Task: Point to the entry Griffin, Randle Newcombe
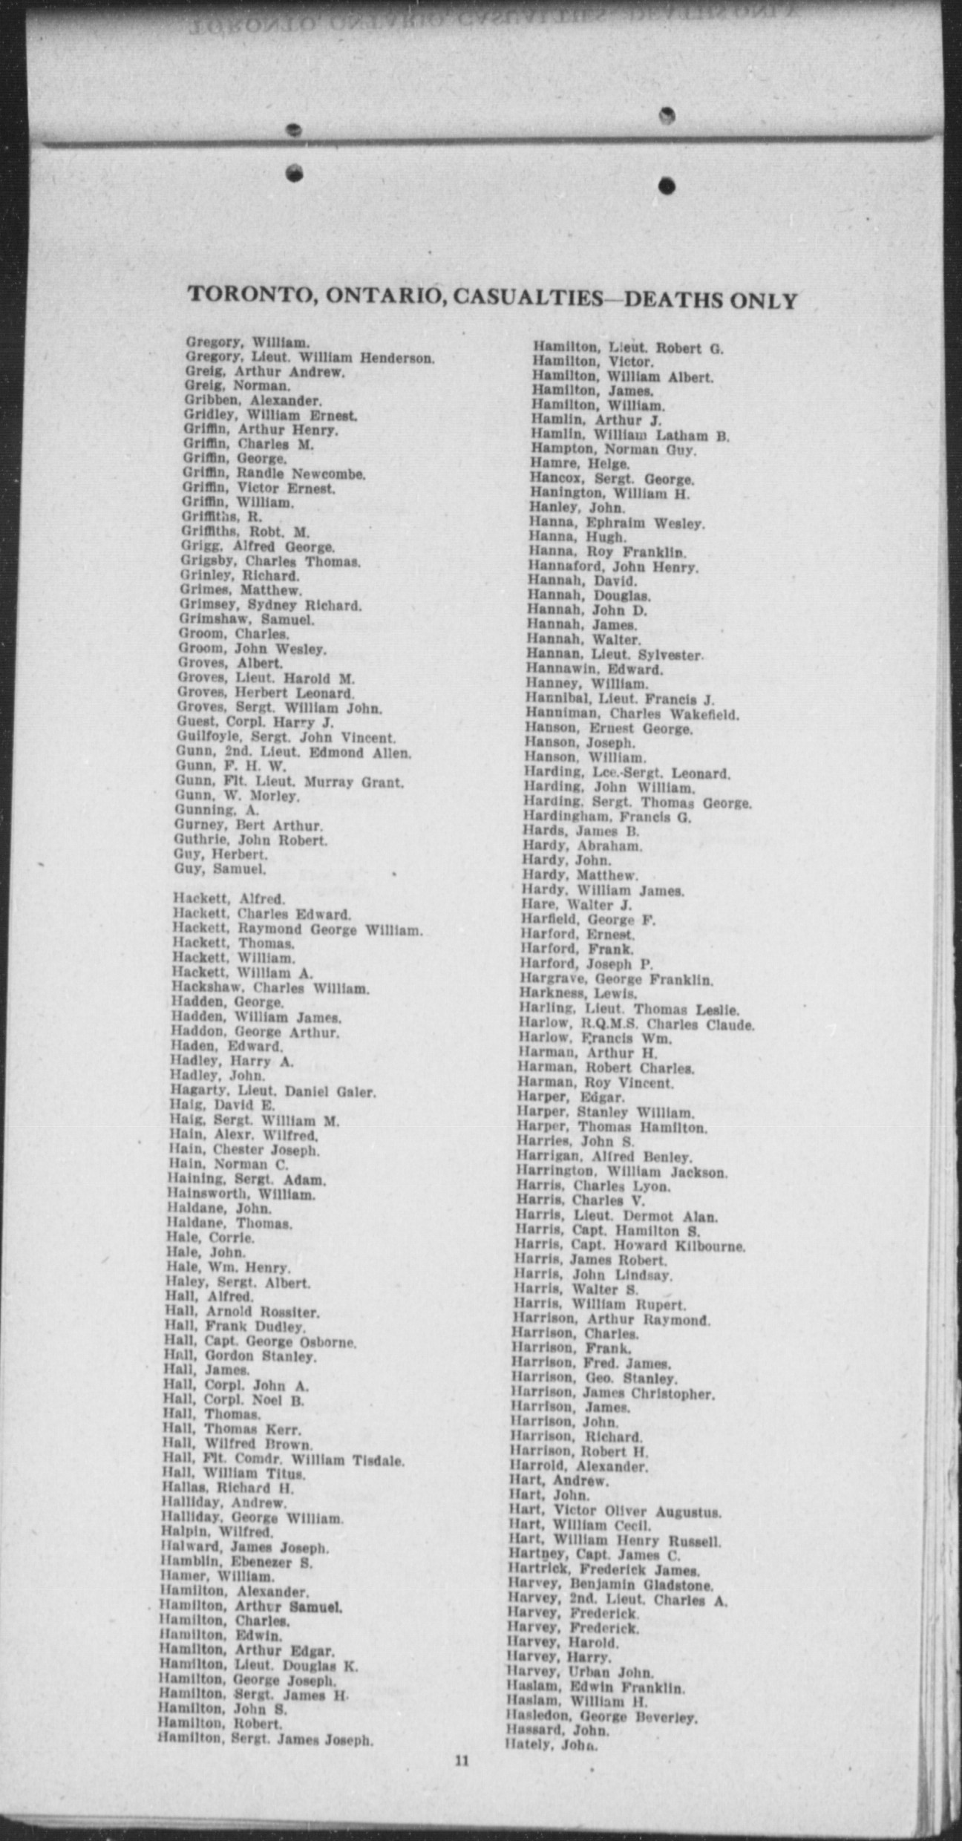(274, 474)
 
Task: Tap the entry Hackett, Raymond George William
(298, 929)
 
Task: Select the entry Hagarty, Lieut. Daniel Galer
(272, 1091)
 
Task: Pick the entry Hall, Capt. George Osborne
(260, 1342)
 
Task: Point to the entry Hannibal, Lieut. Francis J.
(619, 699)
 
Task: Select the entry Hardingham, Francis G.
(606, 817)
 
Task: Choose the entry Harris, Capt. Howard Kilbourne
(629, 1246)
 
